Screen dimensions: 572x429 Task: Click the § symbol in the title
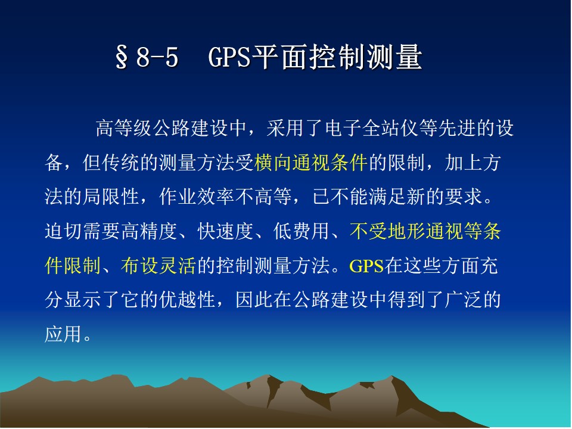tap(122, 57)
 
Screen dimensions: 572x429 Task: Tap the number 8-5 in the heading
tap(157, 57)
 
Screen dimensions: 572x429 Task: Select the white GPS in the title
tap(229, 57)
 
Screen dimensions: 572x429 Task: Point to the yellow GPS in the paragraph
tap(366, 266)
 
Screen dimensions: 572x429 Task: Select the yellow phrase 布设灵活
tap(158, 266)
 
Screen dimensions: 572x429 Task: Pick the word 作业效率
tap(197, 197)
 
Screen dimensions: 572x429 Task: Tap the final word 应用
tap(63, 334)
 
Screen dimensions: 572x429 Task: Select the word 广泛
tap(463, 300)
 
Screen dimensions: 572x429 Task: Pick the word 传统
tap(121, 163)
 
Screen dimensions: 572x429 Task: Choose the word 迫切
tap(63, 231)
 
